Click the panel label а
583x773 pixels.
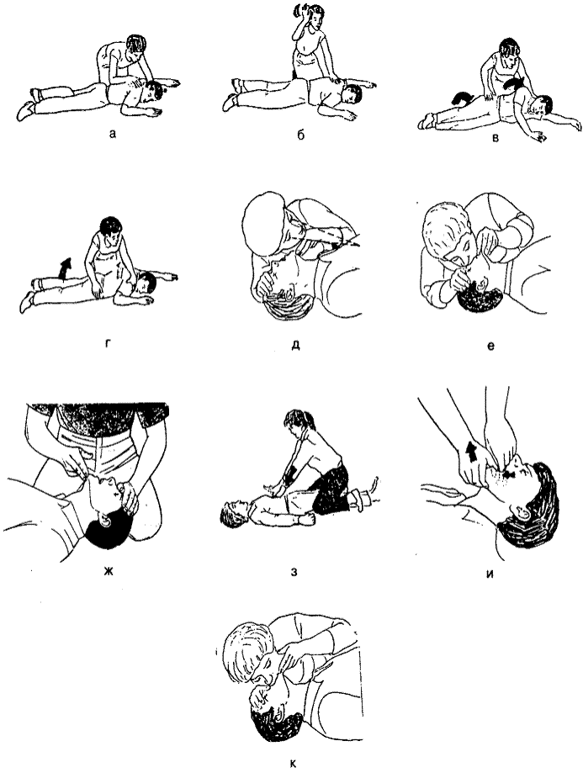point(114,133)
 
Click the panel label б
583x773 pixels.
point(300,135)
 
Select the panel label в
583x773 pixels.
point(496,139)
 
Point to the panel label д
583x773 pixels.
point(296,345)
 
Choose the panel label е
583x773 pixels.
point(490,346)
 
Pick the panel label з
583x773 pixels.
point(294,573)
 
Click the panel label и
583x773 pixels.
point(490,574)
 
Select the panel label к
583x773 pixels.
point(293,764)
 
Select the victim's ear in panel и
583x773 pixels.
point(523,512)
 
